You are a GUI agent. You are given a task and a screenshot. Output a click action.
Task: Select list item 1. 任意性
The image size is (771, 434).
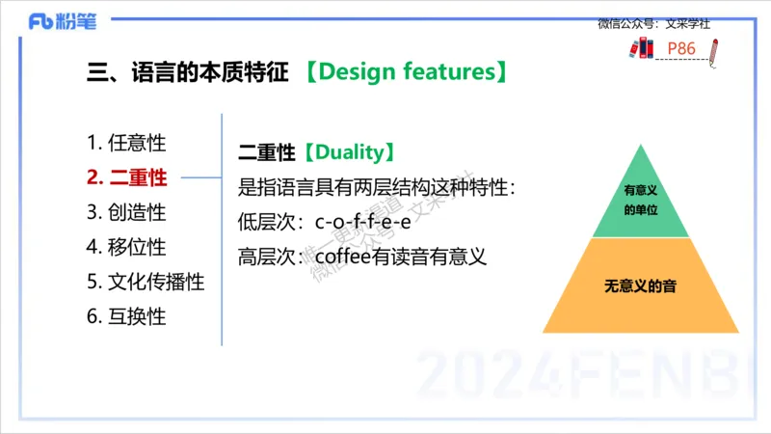(x=126, y=143)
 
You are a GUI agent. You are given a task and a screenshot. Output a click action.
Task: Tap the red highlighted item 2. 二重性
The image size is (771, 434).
(x=126, y=177)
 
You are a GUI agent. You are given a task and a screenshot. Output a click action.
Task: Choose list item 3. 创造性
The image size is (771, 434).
(x=126, y=212)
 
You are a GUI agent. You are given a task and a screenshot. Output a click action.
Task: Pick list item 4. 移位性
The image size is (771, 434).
(x=126, y=247)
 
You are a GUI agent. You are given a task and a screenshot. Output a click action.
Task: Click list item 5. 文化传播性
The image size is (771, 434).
(x=145, y=282)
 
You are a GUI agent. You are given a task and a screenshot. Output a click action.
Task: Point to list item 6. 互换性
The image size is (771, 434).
(x=126, y=316)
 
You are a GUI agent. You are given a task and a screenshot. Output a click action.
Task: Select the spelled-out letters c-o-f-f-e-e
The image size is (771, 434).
(x=363, y=222)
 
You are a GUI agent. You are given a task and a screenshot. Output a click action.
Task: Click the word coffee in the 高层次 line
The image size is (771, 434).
(x=342, y=257)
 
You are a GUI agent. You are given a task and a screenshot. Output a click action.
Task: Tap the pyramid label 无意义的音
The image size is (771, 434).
(x=641, y=286)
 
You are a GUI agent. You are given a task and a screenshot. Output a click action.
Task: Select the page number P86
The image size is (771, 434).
(x=680, y=48)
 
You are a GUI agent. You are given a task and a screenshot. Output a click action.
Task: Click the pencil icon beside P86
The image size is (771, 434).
(x=713, y=49)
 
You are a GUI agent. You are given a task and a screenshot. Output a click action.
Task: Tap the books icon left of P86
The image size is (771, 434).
(x=641, y=47)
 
